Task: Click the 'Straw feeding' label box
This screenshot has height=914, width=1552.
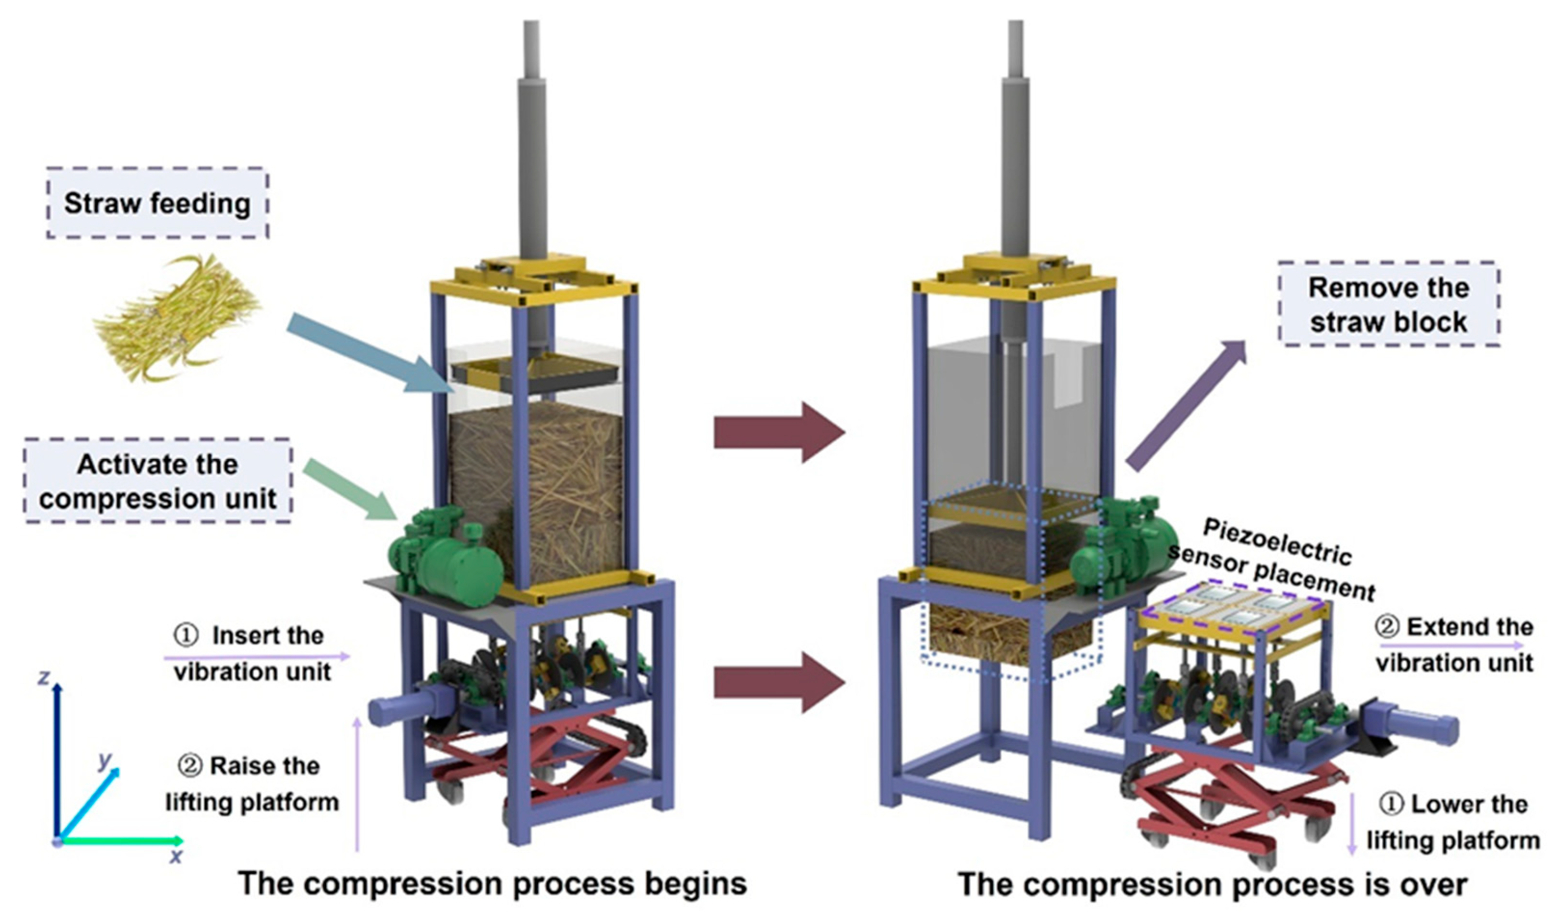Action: [x=158, y=203]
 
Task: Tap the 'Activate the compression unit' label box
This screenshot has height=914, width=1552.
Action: [x=158, y=481]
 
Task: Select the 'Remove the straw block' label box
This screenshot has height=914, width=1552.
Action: [x=1388, y=304]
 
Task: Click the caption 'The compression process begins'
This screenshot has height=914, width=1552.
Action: [x=493, y=883]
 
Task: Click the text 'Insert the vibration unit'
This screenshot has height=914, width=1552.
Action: [x=252, y=653]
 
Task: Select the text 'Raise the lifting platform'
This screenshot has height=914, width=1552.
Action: [x=252, y=784]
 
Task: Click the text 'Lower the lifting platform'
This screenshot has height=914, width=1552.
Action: [x=1454, y=822]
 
